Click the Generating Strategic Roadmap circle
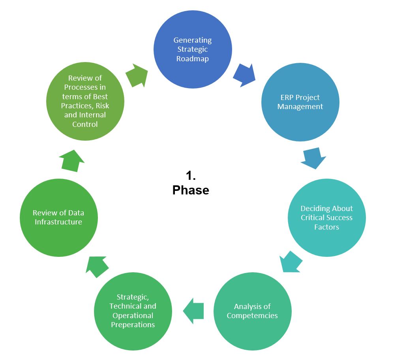(192, 49)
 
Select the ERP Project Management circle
(300, 102)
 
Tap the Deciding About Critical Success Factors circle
(326, 217)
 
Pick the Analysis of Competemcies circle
(252, 311)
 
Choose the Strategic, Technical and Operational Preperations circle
(133, 311)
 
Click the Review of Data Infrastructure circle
(58, 217)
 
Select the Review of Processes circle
(85, 101)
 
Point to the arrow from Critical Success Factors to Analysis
(291, 261)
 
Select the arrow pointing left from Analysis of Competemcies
(193, 311)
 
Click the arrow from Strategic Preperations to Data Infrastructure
(97, 266)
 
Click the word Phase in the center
(191, 190)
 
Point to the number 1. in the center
(191, 176)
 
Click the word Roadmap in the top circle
(192, 59)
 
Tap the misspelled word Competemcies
(252, 316)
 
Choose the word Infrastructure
(58, 222)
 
